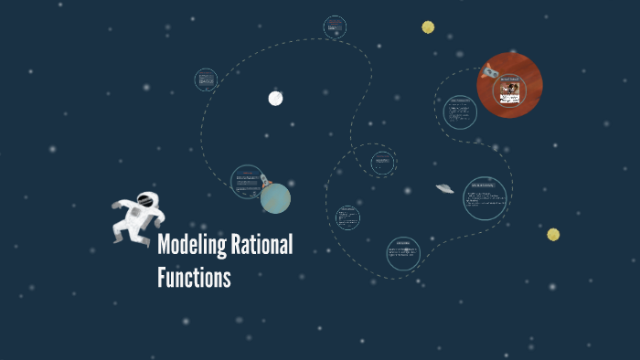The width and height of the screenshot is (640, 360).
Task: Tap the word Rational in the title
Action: (x=261, y=246)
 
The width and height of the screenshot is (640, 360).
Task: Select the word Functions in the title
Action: (x=194, y=277)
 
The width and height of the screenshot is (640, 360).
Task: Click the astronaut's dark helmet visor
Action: (x=144, y=199)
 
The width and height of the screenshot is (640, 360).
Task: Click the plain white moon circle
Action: (x=275, y=98)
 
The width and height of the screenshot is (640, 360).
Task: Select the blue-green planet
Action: (x=275, y=198)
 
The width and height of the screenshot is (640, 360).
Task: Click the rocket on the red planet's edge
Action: (x=489, y=70)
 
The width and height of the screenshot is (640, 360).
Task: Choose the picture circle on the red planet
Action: (x=509, y=89)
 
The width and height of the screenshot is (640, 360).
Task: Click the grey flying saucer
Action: (x=445, y=188)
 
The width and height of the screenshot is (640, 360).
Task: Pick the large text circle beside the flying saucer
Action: (x=485, y=198)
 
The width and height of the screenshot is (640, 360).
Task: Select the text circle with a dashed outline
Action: (x=382, y=164)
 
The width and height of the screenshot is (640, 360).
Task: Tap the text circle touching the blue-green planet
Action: (x=247, y=182)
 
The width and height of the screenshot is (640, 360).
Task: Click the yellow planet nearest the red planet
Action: (x=428, y=27)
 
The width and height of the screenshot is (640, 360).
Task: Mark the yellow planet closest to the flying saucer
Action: (x=553, y=235)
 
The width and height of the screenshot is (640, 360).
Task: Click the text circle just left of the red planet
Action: (x=460, y=113)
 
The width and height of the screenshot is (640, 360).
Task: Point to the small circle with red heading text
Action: (x=335, y=26)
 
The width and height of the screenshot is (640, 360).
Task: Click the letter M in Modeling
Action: (x=165, y=246)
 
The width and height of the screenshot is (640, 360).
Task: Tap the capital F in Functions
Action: (x=162, y=277)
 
